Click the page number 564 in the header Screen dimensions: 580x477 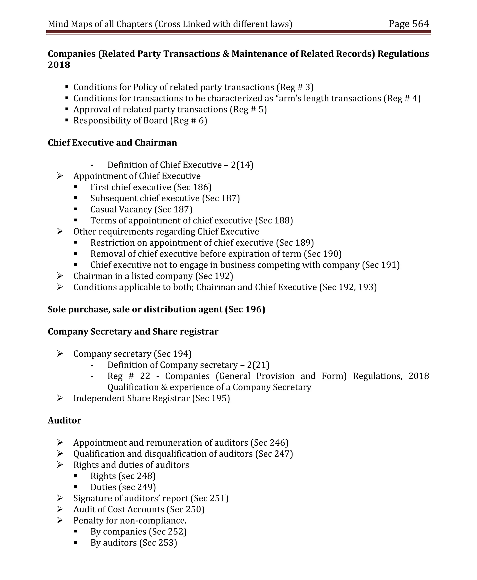click(420, 24)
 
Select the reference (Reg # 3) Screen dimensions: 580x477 click(295, 87)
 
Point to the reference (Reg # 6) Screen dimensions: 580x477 click(188, 121)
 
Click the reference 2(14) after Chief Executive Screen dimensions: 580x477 click(242, 165)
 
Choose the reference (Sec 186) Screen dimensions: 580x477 click(192, 187)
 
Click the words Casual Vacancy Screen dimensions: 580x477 click(121, 209)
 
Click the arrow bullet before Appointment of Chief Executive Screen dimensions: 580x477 click(60, 176)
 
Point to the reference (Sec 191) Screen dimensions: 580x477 click(381, 265)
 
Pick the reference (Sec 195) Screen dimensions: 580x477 click(211, 398)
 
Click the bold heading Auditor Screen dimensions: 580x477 click(64, 420)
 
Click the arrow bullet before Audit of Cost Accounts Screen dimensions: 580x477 click(60, 509)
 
